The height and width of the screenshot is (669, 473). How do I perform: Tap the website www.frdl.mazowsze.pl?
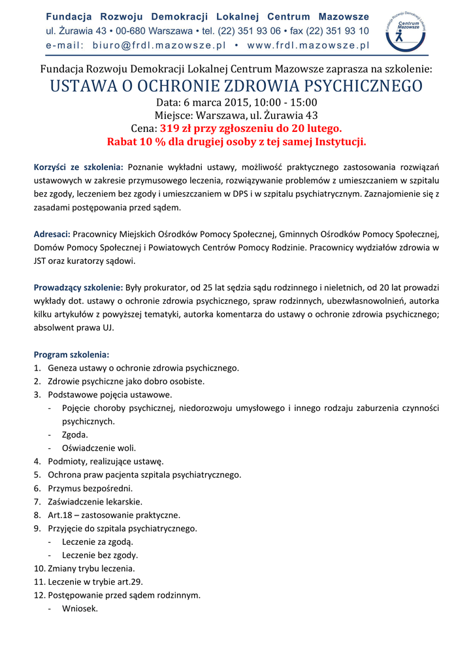[x=308, y=45]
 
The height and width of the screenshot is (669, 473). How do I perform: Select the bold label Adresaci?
[x=52, y=234]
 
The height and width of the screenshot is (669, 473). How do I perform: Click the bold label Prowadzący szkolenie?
[x=78, y=287]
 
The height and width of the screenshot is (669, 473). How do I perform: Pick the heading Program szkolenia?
[x=71, y=355]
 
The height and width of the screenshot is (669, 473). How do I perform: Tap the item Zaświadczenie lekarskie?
[x=95, y=501]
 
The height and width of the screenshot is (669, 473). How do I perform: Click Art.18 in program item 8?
[x=59, y=515]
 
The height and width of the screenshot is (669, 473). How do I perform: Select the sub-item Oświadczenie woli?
[x=99, y=448]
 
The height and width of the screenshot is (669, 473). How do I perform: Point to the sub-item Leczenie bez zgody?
[x=100, y=555]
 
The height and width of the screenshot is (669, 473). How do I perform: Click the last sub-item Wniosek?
[x=80, y=608]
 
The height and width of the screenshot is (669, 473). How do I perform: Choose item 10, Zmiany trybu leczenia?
[x=91, y=568]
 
